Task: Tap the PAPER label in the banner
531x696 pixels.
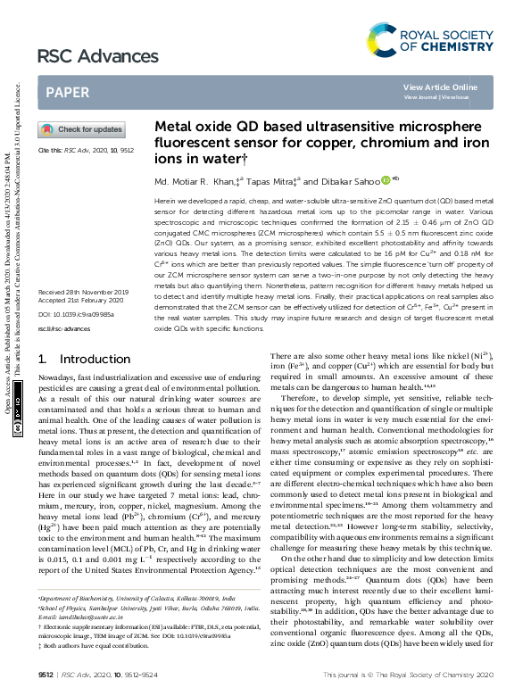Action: pyautogui.click(x=67, y=92)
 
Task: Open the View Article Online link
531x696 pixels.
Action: pyautogui.click(x=440, y=87)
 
